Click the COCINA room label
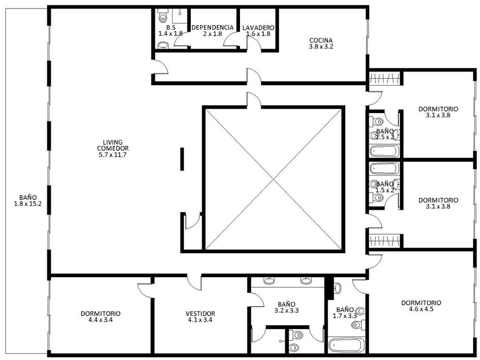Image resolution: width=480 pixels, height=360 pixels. (x=321, y=40)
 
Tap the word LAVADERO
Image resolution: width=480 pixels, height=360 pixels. (x=258, y=27)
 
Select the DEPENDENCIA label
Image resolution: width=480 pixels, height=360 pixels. (x=213, y=27)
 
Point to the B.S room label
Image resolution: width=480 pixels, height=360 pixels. (x=170, y=27)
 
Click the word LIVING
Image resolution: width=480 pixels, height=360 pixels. (x=113, y=142)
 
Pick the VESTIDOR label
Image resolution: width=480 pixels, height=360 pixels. (x=200, y=314)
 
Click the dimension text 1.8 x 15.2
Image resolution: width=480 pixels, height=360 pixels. (x=28, y=203)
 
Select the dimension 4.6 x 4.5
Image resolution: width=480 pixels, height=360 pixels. (x=421, y=309)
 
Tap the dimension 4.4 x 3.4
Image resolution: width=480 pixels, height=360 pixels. (x=101, y=320)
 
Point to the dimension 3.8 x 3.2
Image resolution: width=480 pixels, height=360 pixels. (x=321, y=46)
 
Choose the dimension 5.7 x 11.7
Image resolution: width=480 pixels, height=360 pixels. (x=113, y=155)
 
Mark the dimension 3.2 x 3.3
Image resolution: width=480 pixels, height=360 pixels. (x=286, y=310)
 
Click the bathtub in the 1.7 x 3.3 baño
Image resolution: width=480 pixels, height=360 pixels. (x=346, y=345)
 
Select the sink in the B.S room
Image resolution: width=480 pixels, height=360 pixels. (x=163, y=46)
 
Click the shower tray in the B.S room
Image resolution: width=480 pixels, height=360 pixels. (x=179, y=15)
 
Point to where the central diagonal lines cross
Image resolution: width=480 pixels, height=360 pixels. (x=273, y=179)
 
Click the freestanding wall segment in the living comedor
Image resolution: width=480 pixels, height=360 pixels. (x=182, y=159)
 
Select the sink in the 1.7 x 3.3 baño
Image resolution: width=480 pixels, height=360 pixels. (x=337, y=288)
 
